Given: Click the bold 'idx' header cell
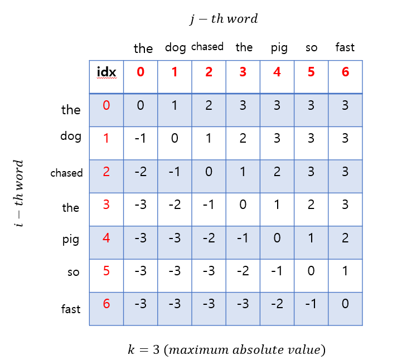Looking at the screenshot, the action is click(106, 72).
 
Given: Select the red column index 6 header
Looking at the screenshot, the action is click(345, 72).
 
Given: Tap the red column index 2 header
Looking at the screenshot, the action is click(209, 72).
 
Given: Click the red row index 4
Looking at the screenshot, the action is click(106, 239).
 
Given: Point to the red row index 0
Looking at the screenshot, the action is click(106, 105).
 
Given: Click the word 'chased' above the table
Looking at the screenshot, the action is click(207, 47).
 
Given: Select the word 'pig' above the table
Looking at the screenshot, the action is click(279, 48).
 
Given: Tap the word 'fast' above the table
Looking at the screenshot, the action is click(345, 47).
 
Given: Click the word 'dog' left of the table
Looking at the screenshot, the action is click(71, 136).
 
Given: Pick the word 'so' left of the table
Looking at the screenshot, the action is click(74, 273).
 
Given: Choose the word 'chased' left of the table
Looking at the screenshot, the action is click(66, 173).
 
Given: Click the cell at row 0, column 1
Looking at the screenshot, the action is click(175, 105).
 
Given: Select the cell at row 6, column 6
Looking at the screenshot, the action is click(345, 304).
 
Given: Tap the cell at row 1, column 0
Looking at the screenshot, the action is click(141, 139).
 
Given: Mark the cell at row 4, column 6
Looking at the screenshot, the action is click(345, 239).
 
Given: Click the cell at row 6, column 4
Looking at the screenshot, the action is click(277, 304).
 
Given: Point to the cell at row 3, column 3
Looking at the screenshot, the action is click(243, 206).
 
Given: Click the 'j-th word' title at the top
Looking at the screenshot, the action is click(224, 19).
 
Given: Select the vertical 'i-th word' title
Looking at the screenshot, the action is click(19, 193).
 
